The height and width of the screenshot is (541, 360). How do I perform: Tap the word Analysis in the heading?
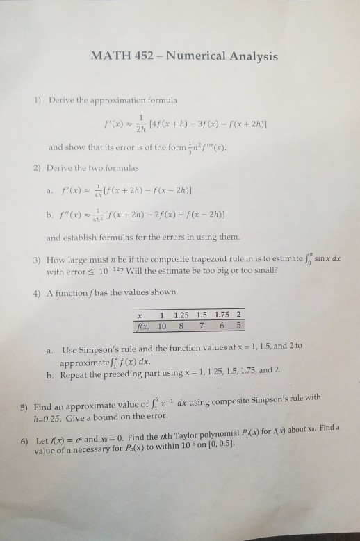[250, 55]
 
